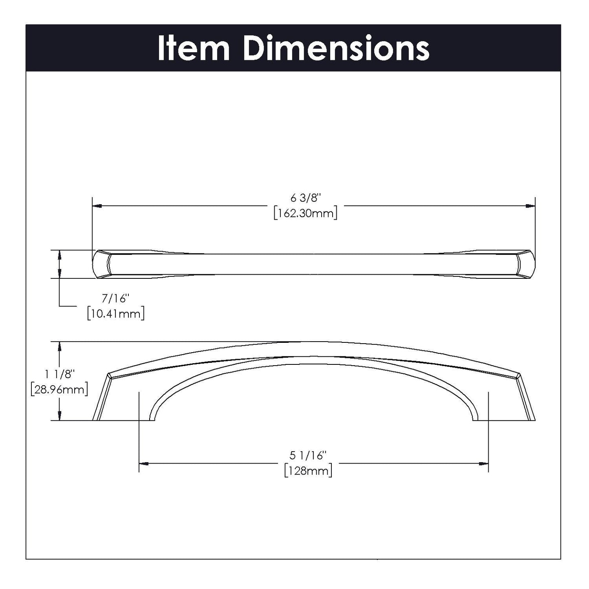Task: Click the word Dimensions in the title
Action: coord(336,49)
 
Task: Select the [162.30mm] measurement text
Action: coord(305,213)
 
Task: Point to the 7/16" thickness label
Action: coord(115,299)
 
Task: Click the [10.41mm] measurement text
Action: coord(116,314)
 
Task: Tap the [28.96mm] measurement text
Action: coord(59,389)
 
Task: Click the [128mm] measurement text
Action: coord(308,471)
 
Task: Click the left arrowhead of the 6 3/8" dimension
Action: coord(97,206)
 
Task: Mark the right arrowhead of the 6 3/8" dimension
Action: coord(531,206)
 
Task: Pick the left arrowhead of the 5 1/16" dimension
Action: coord(143,463)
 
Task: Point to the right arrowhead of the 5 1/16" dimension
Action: coord(484,463)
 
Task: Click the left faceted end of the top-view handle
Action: coord(102,265)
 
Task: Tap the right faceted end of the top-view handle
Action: coord(526,265)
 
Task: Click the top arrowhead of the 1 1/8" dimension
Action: coord(60,346)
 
